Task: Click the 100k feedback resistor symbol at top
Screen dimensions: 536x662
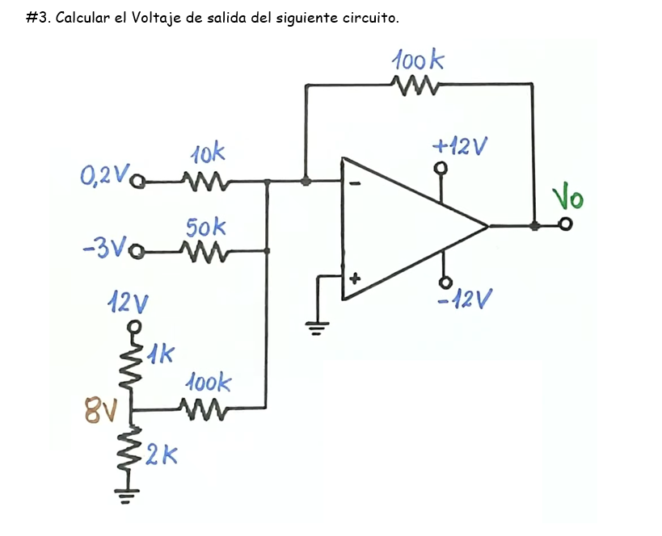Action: [x=414, y=84]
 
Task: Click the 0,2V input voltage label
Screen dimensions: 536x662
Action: [x=103, y=176]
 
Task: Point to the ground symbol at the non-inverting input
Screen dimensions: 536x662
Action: [x=317, y=327]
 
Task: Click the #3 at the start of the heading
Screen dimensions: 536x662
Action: [x=37, y=18]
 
